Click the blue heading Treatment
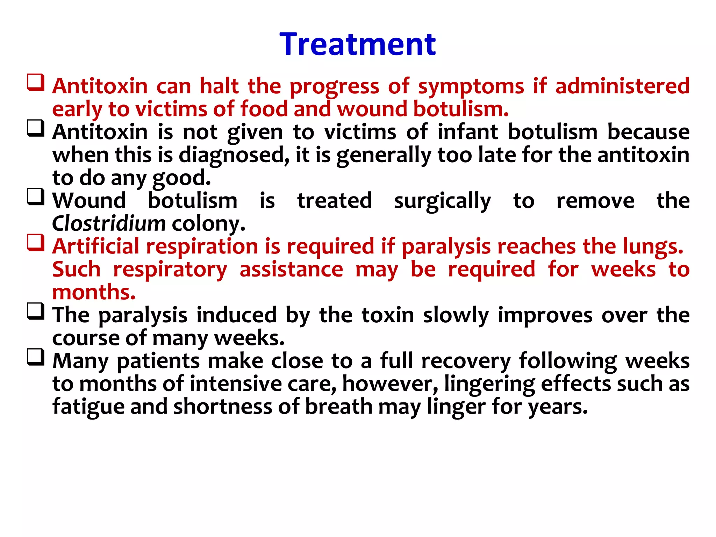tap(358, 44)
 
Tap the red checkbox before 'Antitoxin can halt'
tap(36, 83)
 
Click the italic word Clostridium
tap(109, 223)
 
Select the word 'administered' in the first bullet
tap(622, 86)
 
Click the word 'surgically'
tap(442, 201)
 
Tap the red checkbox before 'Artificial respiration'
tap(36, 243)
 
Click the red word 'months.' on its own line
tap(94, 292)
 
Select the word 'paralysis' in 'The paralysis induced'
tap(143, 316)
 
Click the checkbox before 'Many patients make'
tap(36, 357)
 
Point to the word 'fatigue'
tap(88, 407)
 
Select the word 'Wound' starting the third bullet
tap(89, 201)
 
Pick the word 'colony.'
tap(209, 224)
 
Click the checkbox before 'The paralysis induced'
tap(36, 312)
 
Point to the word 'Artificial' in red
tap(96, 246)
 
